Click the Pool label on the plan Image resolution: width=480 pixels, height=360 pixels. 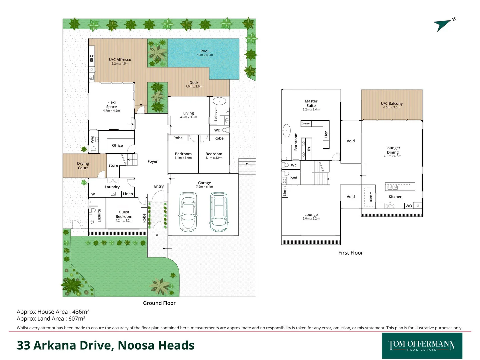pos(204,51)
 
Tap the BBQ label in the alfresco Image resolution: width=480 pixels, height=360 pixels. pos(92,58)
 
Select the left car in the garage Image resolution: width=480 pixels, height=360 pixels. pos(188,212)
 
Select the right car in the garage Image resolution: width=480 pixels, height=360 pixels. pos(219,212)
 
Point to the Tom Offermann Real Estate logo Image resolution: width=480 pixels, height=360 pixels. pos(422,346)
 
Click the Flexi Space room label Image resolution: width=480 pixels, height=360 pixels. pos(111,105)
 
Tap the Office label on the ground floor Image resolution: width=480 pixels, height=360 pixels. pos(117,146)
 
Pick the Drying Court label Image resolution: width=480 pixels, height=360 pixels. pos(83,166)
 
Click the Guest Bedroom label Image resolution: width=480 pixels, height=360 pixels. pos(124,214)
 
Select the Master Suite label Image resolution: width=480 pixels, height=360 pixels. pos(311,103)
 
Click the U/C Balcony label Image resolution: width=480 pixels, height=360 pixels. pos(392,104)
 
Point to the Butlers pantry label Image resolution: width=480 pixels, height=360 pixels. pos(371,197)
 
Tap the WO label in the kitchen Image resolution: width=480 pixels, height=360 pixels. pos(409,206)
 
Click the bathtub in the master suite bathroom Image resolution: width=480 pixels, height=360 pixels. pos(287,131)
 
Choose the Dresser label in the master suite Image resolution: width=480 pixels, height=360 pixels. pos(306,124)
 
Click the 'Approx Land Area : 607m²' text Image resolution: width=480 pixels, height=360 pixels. pos(51,319)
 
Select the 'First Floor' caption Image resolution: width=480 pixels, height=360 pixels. pos(350,253)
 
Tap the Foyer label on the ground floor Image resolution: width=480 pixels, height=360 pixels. pos(152,162)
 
